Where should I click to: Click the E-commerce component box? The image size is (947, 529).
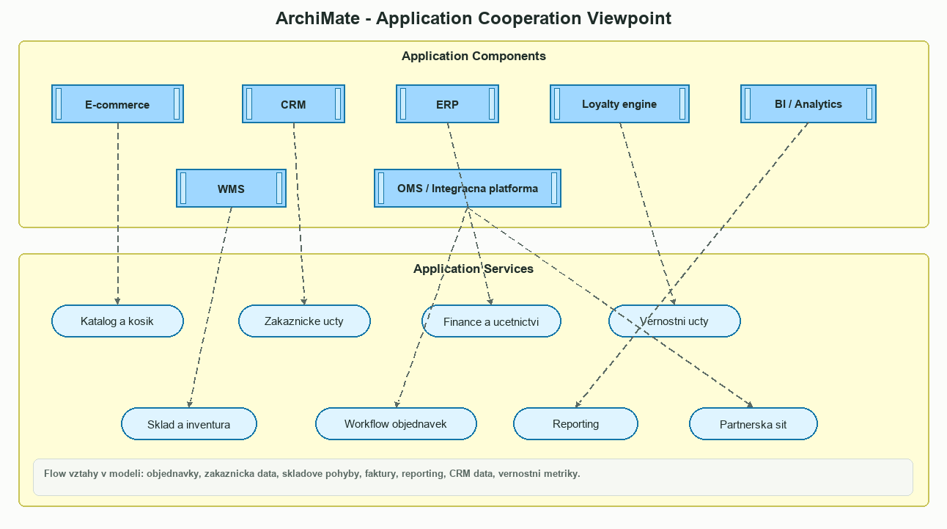tap(117, 104)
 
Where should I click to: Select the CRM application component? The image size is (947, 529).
tap(293, 104)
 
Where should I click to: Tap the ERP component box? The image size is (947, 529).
tap(447, 104)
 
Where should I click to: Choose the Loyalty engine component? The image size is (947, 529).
tap(619, 104)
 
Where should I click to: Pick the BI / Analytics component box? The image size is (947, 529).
tap(808, 104)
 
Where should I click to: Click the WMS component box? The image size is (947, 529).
tap(231, 189)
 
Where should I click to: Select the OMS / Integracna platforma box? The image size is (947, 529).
tap(468, 189)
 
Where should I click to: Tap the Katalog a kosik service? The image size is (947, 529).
tap(117, 321)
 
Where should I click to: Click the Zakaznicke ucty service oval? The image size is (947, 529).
tap(304, 321)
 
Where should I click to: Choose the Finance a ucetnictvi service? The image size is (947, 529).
tap(491, 321)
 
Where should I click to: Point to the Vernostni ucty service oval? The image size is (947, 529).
tap(674, 321)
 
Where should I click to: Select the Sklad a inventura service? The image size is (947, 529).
tap(188, 424)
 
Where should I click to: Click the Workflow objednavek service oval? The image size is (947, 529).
tap(396, 424)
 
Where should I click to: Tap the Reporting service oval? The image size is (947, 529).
tap(575, 424)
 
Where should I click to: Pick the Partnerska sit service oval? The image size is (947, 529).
tap(753, 424)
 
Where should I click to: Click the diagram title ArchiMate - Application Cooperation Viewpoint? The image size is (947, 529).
tap(473, 18)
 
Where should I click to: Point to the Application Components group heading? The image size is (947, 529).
tap(473, 56)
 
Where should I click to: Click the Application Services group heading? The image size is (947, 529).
tap(473, 269)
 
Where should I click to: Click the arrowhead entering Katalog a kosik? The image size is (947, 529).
tap(117, 301)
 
